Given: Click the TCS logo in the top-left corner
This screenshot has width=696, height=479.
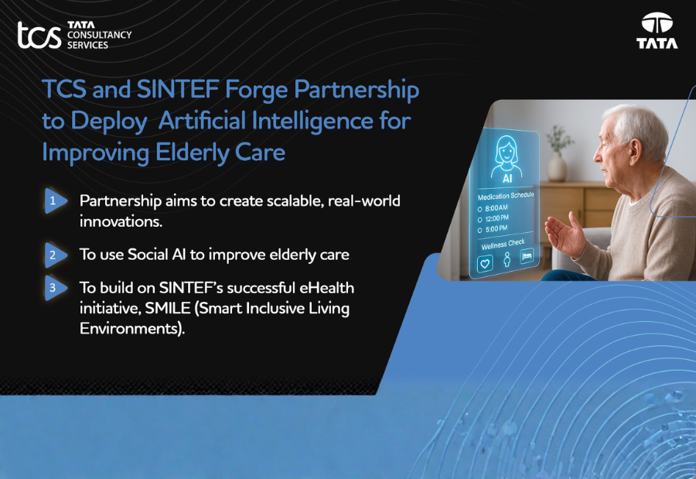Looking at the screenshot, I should coord(73,35).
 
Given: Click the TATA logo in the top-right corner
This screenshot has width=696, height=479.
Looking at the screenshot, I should coord(657,32).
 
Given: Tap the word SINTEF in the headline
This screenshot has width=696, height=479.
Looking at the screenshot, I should coord(176,90).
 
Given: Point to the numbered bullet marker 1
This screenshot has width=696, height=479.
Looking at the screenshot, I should coord(54,200).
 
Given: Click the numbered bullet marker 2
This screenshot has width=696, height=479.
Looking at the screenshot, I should coord(54,254).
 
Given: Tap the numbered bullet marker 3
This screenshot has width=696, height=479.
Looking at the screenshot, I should coord(54,287).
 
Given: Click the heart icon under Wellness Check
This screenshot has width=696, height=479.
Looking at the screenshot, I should coord(486,262).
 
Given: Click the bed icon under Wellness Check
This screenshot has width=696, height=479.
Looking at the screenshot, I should coord(527,255).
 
